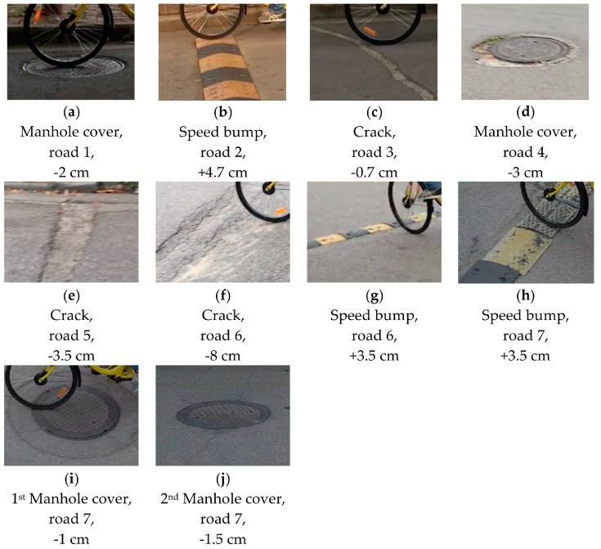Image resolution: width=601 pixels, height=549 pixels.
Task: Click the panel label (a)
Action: (x=71, y=112)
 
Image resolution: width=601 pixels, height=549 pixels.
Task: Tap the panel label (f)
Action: (x=222, y=296)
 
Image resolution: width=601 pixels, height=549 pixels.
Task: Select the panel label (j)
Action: (x=222, y=479)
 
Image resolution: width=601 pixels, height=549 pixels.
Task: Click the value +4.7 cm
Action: (x=222, y=173)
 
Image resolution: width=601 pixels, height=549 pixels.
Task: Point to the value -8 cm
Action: (x=222, y=356)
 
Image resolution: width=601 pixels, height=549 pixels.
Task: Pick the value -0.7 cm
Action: (x=375, y=173)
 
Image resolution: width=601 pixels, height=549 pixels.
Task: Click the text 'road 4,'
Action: (x=526, y=152)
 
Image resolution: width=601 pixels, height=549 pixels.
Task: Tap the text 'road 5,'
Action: (x=71, y=335)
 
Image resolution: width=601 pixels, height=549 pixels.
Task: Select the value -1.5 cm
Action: (x=222, y=539)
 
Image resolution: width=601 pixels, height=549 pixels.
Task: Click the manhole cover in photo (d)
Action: (x=526, y=50)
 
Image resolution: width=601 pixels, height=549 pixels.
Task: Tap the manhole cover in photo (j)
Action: (x=223, y=415)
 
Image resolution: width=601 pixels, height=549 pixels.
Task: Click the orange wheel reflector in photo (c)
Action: (x=370, y=31)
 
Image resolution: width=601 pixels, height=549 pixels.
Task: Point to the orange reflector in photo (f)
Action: (x=281, y=211)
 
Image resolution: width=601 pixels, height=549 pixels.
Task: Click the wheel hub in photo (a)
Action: (x=67, y=25)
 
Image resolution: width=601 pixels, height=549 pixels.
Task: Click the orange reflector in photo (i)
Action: (x=61, y=393)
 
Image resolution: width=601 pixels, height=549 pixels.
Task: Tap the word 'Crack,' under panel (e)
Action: (x=71, y=315)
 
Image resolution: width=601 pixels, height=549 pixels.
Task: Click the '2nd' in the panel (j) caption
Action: (x=169, y=498)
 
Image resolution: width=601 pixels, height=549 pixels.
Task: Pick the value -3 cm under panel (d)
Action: (x=526, y=173)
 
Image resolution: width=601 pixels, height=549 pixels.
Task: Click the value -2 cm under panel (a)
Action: (x=71, y=173)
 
